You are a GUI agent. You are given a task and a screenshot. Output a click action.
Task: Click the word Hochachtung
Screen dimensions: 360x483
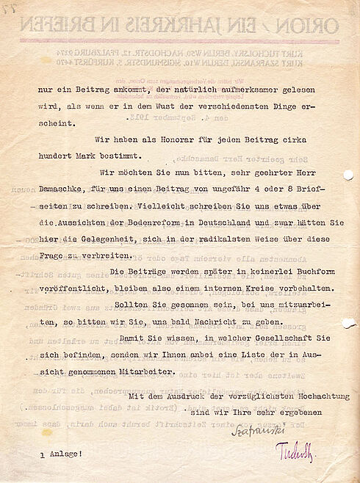(x=309, y=396)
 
